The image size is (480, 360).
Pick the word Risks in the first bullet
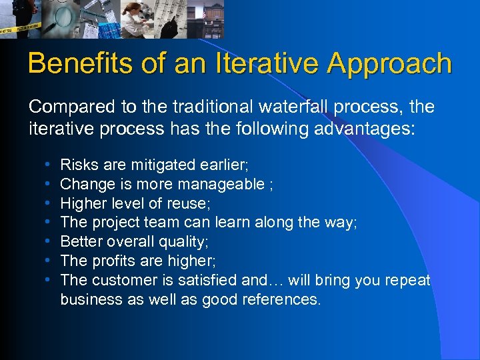77,164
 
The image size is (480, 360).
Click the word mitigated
159,164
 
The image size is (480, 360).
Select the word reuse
191,203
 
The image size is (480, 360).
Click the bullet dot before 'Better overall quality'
45,241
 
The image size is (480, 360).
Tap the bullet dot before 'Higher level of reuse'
45,203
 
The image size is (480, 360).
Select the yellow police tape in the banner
20,27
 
